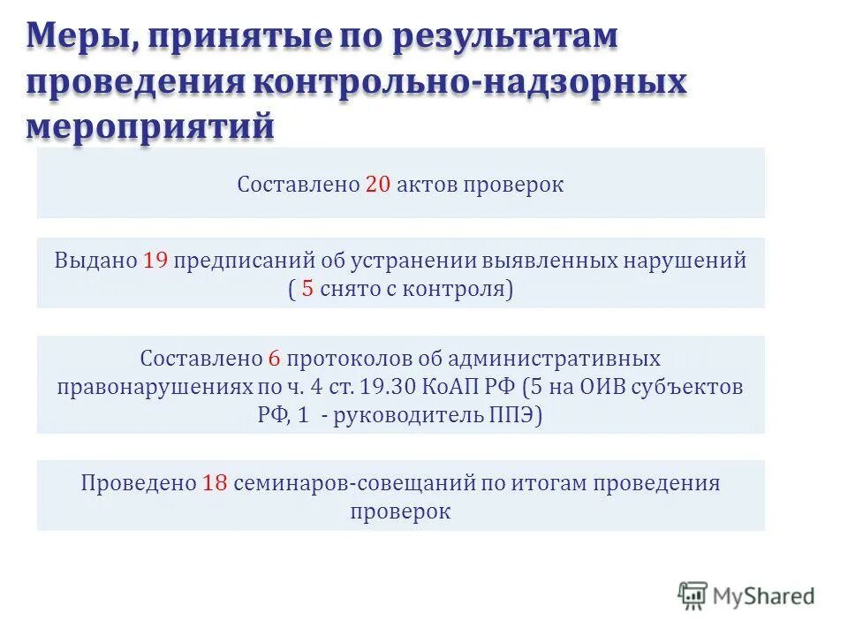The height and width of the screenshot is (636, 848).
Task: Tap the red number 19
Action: tap(156, 261)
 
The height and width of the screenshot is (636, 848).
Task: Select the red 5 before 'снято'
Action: tap(307, 289)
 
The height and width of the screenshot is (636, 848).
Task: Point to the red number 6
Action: tap(274, 360)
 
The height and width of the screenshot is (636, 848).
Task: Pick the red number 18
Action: tap(216, 484)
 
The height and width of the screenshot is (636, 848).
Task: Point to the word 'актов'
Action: tap(428, 185)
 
